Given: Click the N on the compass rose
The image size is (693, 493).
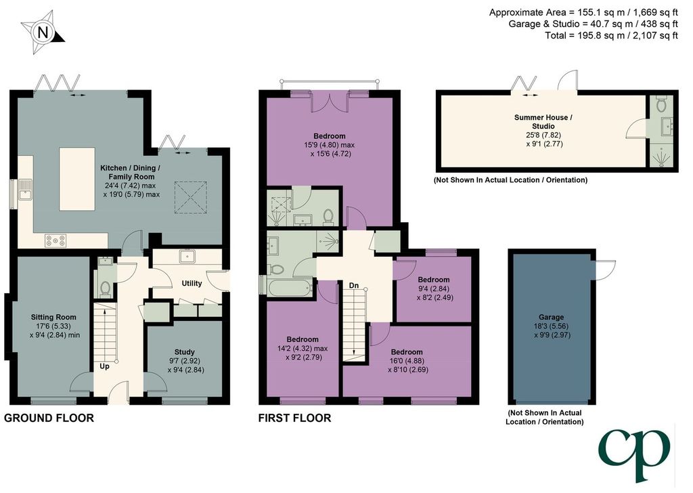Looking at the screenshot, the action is tap(43, 33).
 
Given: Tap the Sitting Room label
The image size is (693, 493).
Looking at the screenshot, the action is tap(53, 317).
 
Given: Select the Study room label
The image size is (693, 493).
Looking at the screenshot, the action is tap(184, 352).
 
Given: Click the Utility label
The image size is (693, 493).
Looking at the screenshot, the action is tap(192, 283).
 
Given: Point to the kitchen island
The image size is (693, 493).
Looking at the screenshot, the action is tap(77, 179).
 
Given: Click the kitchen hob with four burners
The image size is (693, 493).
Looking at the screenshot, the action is tap(55, 240).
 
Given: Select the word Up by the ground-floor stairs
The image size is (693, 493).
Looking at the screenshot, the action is tap(104, 366).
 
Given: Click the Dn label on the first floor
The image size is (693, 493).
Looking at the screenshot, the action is tap(354, 286).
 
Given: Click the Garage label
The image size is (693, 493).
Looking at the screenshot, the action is tap(551, 317).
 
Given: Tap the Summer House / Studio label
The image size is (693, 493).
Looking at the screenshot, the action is tap(543, 122).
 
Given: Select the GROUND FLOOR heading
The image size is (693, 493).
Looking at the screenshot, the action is tap(49, 418).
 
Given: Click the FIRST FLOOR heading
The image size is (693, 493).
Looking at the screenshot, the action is tap(295, 418).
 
